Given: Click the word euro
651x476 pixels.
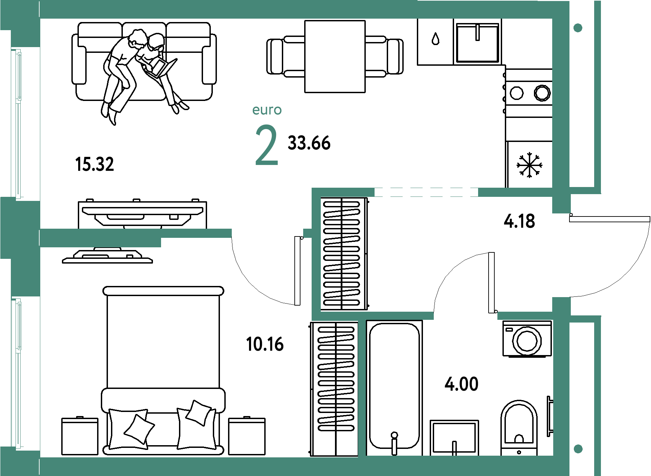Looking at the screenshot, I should pyautogui.click(x=267, y=110).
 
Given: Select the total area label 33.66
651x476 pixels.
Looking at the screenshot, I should pyautogui.click(x=309, y=143).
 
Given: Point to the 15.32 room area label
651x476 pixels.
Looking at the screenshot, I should pyautogui.click(x=95, y=164).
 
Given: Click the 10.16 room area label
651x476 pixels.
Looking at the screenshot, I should pyautogui.click(x=265, y=344).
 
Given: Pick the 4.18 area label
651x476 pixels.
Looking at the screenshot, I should pyautogui.click(x=519, y=222).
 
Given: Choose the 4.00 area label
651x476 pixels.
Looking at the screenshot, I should pyautogui.click(x=462, y=384).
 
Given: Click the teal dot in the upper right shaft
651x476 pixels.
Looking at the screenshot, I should pyautogui.click(x=578, y=28).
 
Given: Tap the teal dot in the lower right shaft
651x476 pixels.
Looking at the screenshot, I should pyautogui.click(x=578, y=449).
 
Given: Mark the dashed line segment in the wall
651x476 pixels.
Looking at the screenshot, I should pyautogui.click(x=426, y=192).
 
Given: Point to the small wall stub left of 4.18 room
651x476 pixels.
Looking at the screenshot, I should pyautogui.click(x=308, y=233).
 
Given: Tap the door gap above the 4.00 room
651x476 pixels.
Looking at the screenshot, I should pyautogui.click(x=466, y=316).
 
